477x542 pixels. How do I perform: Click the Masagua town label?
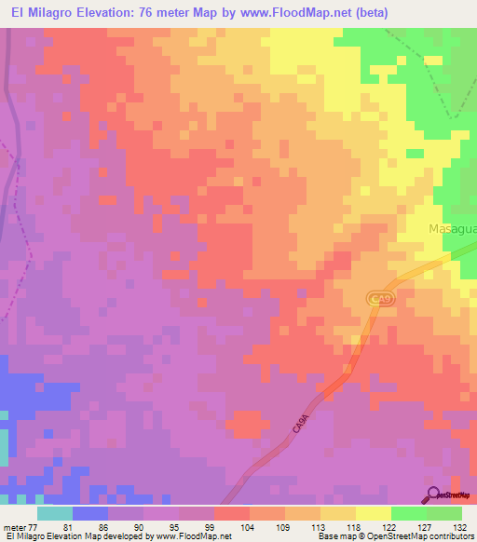tap(452, 228)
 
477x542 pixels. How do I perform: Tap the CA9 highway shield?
tap(377, 299)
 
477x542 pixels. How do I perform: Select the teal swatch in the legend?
tap(55, 513)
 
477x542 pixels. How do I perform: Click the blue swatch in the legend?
tap(90, 513)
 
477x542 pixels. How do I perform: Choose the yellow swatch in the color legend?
tap(374, 513)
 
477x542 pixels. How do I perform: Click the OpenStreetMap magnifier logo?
tap(434, 494)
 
